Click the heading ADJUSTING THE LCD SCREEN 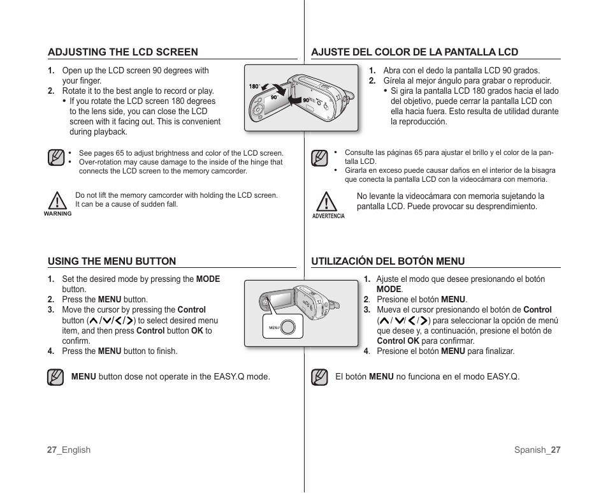[x=123, y=52]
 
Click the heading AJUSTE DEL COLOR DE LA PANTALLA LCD [x=414, y=52]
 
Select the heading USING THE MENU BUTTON [x=112, y=261]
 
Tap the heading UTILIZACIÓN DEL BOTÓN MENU [x=387, y=261]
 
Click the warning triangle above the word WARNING [x=57, y=200]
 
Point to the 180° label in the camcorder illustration [x=254, y=87]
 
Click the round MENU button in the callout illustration [x=288, y=327]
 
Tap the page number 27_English [x=69, y=450]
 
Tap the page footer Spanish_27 [x=537, y=450]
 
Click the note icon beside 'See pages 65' [x=56, y=158]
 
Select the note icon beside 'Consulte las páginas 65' [x=319, y=158]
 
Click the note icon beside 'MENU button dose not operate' [x=55, y=377]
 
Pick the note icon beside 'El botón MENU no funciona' [x=319, y=377]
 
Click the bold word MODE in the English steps [x=208, y=279]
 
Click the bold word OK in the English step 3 [x=197, y=331]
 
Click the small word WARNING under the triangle [x=57, y=214]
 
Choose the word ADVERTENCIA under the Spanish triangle [x=328, y=216]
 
